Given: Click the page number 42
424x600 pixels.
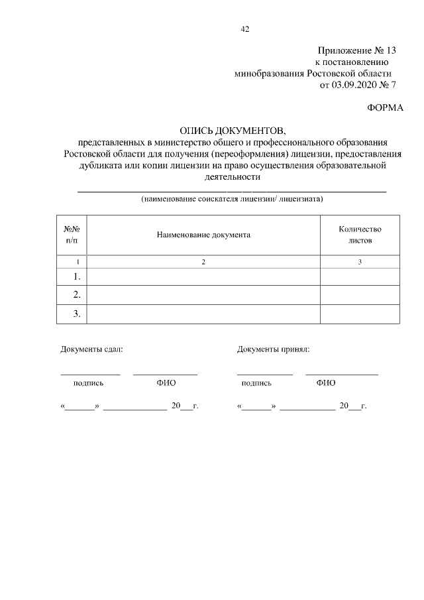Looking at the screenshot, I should point(244,29).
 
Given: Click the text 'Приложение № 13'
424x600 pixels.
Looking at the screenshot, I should point(356,50).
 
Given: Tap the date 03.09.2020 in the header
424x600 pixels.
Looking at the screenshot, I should point(356,85).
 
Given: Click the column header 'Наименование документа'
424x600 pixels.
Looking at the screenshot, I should point(203,235).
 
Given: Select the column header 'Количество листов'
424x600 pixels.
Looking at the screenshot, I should point(360,235).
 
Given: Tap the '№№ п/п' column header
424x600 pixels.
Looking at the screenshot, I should point(72,235).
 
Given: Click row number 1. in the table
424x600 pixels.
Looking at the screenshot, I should point(77,276).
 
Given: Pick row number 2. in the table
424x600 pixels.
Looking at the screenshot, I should point(77,294).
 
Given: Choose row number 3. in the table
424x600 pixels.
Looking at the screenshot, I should point(77,314).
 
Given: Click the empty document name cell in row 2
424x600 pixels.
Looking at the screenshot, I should point(203,294).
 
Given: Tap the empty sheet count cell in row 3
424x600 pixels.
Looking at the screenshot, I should point(360,314).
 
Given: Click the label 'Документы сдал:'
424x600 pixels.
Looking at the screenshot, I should point(91,349).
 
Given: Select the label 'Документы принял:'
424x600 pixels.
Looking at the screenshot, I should point(273,349).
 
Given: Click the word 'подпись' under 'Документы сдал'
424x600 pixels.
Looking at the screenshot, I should point(88,383).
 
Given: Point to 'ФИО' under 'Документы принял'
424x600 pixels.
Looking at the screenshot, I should point(326,383).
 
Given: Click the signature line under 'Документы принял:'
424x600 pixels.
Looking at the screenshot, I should point(264,374).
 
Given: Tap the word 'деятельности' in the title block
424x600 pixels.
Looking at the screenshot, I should point(232,177).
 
